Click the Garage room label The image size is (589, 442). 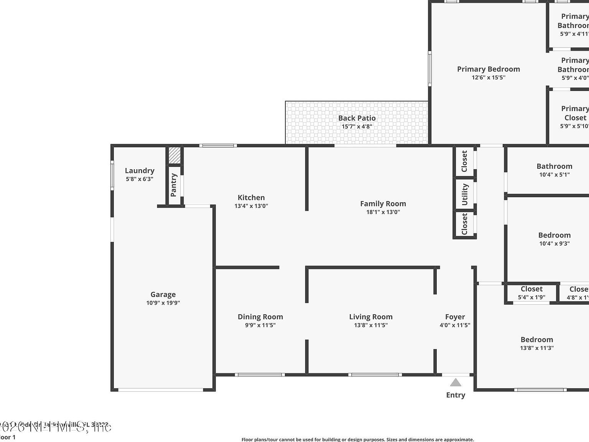[x=163, y=295]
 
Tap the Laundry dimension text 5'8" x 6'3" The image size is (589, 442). [x=140, y=179]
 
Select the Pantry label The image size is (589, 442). [x=174, y=185]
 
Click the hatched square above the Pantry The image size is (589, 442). [x=174, y=155]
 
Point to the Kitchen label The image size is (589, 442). [x=251, y=198]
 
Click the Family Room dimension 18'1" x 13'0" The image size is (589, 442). [x=383, y=212]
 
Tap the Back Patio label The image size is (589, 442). [x=357, y=118]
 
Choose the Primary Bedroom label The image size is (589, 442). [x=488, y=69]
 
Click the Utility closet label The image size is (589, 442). [x=465, y=195]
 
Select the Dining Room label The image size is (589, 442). [x=260, y=317]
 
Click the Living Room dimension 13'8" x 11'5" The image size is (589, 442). [x=370, y=325]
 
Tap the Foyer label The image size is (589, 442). [x=455, y=317]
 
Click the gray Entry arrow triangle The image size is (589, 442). [x=456, y=383]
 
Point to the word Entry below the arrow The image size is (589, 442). [x=456, y=395]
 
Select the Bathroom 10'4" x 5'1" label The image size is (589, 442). [x=554, y=166]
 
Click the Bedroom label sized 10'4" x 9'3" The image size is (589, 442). [x=554, y=235]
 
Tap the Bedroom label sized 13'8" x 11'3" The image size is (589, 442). [x=536, y=340]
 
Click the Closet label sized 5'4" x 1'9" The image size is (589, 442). [x=531, y=289]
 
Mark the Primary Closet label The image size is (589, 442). [x=575, y=113]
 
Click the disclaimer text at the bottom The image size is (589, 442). [x=357, y=440]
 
